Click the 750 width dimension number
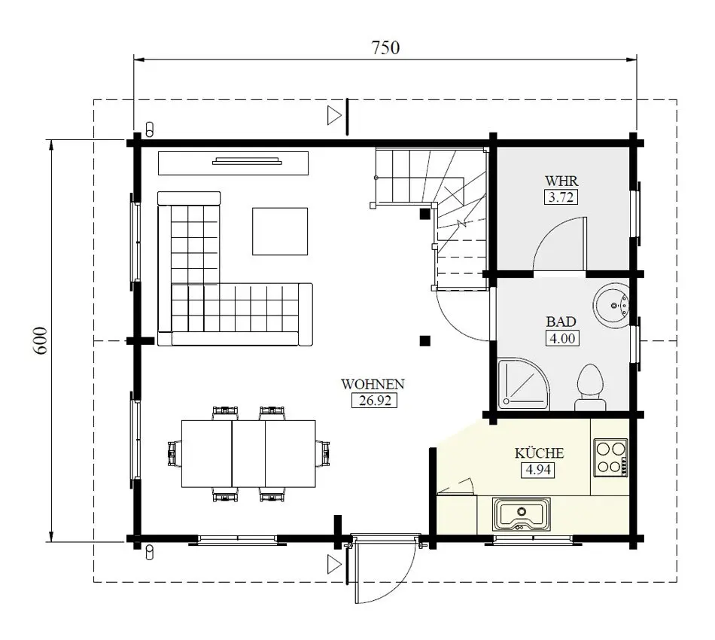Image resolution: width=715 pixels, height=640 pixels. tap(385, 47)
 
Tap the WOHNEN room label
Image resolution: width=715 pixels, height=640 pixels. tap(373, 384)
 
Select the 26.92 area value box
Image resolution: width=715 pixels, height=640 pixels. tap(373, 401)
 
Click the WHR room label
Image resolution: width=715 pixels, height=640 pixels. tap(561, 181)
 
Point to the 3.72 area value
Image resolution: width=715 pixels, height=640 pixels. tap(561, 197)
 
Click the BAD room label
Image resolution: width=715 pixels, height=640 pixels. tap(561, 322)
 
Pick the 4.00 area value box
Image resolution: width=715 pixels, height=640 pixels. tap(561, 338)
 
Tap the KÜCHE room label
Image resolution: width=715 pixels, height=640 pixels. tap(539, 453)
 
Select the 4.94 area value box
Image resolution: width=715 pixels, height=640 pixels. tap(539, 470)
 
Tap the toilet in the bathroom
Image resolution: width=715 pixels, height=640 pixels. tap(590, 386)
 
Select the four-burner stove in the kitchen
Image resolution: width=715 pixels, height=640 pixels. tap(610, 457)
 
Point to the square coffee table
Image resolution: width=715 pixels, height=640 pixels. tap(280, 231)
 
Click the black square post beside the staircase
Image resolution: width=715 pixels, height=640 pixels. tap(425, 214)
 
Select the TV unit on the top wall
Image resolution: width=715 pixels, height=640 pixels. tap(233, 160)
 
